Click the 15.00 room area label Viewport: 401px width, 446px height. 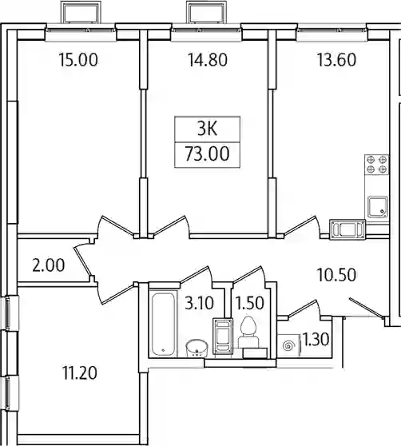point(78,60)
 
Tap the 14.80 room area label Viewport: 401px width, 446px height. point(208,60)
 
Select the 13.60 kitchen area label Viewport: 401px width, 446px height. point(336,60)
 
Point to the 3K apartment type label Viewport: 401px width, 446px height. point(207,129)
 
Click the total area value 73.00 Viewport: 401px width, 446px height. point(207,153)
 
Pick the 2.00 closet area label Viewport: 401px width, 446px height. point(49,265)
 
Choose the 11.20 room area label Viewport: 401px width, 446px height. point(80,373)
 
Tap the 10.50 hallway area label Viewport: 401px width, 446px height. point(336,275)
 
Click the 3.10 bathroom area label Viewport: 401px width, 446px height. point(199,303)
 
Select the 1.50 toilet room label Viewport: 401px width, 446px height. point(250,303)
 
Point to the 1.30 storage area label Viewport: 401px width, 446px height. point(316,340)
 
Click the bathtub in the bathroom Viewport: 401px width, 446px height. point(163,324)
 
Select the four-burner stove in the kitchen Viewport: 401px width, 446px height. point(376,165)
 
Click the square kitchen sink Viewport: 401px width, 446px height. point(378,207)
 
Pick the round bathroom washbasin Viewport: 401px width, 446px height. point(197,348)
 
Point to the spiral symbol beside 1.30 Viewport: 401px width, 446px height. point(288,345)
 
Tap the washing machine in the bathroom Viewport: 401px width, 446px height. point(223,336)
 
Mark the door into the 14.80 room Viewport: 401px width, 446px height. point(169,227)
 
